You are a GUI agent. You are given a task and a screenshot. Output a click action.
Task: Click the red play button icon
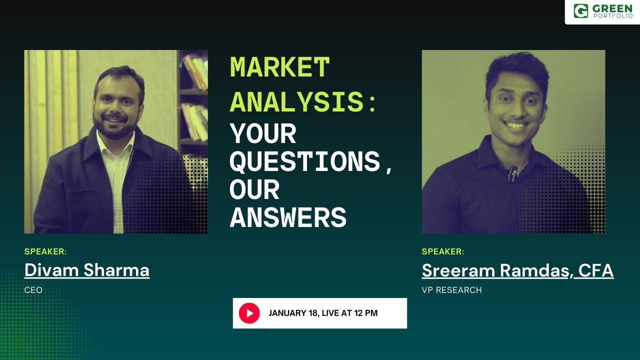[x=249, y=313]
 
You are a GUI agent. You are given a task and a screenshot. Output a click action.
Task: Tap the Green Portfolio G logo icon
[x=581, y=11]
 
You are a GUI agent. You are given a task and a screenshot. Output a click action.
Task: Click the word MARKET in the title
[x=279, y=67]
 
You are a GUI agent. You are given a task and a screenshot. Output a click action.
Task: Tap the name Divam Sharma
[x=87, y=270]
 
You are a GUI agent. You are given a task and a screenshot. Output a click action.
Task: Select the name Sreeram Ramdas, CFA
[x=517, y=270]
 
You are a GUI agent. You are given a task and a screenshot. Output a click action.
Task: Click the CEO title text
[x=33, y=290]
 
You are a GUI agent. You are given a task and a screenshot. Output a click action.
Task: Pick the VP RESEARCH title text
[x=451, y=290]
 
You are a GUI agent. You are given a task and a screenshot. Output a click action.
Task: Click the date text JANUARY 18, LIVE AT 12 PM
[x=323, y=313]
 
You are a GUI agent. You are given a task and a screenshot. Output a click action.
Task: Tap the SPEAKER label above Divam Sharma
[x=45, y=251]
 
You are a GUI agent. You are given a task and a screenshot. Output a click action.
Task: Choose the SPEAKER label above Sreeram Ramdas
[x=443, y=251]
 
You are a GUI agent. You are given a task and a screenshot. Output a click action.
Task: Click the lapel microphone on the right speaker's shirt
[x=512, y=175]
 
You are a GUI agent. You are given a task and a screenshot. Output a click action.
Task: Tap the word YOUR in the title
[x=263, y=133]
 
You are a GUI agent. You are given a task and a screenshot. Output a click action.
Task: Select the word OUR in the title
[x=254, y=189]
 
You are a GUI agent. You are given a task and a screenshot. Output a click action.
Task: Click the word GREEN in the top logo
[x=612, y=8]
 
